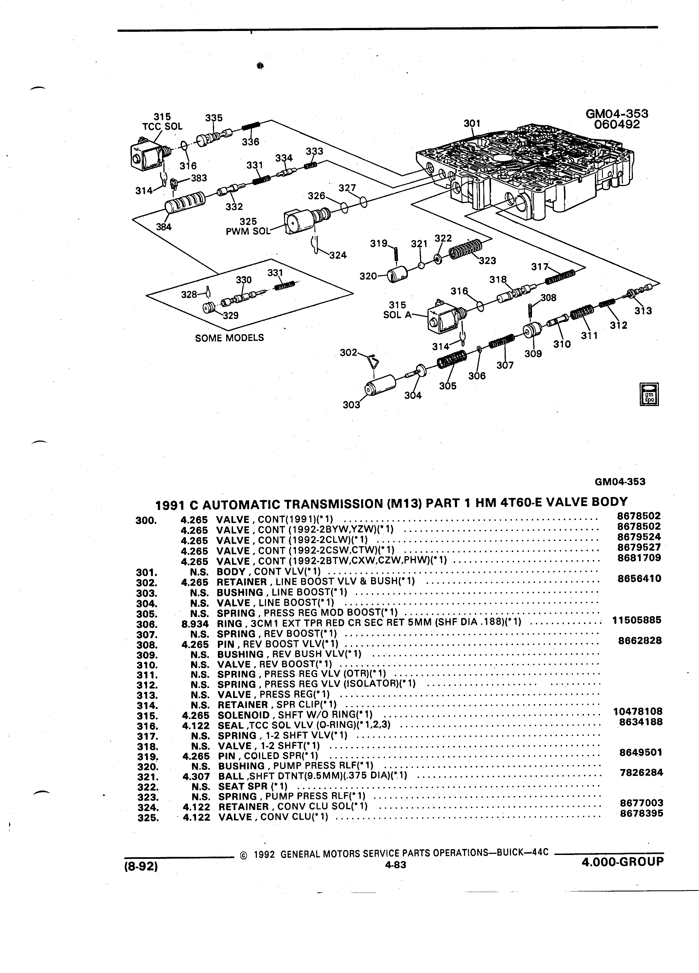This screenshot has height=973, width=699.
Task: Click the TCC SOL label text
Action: pyautogui.click(x=162, y=127)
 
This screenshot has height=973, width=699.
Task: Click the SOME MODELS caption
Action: pyautogui.click(x=229, y=338)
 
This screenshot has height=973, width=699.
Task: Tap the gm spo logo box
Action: pyautogui.click(x=649, y=393)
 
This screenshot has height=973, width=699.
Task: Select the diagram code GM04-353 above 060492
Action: pyautogui.click(x=617, y=114)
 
